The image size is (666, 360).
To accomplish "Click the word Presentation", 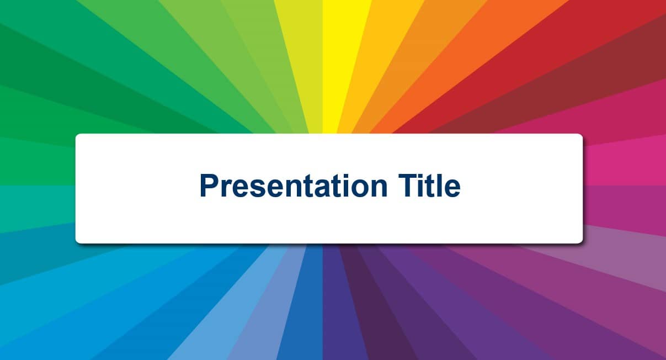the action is click(x=294, y=186).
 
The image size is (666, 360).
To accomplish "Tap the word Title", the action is click(x=429, y=185).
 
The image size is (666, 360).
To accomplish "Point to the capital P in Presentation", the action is click(x=210, y=185).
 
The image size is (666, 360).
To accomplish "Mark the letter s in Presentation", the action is click(x=259, y=188).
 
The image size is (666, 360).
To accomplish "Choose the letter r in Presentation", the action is click(x=227, y=188).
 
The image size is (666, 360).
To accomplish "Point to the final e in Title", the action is click(x=452, y=188).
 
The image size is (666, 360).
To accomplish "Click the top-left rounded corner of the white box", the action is click(x=77, y=135).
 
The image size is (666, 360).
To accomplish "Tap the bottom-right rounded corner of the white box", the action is click(x=581, y=242).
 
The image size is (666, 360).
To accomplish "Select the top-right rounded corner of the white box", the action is click(x=581, y=135).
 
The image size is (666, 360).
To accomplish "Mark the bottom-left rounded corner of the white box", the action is click(x=77, y=242).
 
